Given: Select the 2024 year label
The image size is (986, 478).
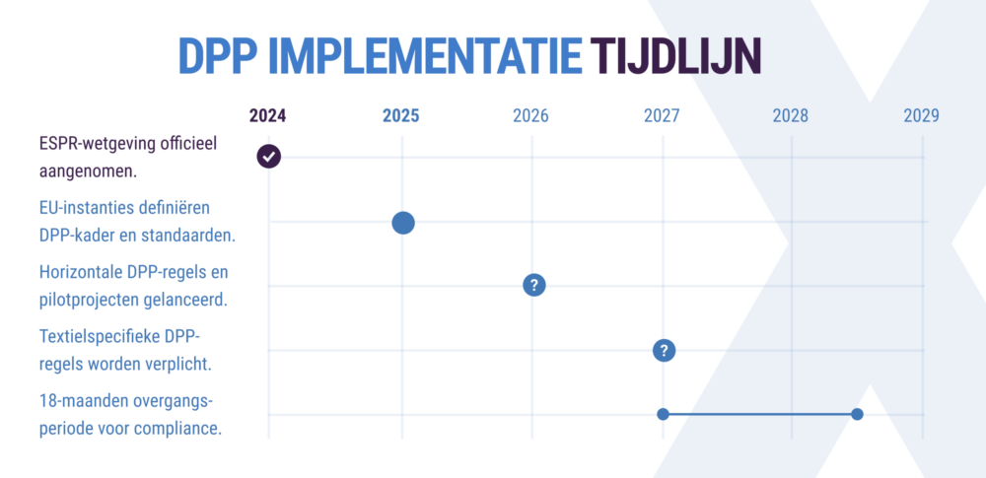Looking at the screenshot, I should [267, 115].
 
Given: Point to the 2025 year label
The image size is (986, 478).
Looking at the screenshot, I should [401, 115].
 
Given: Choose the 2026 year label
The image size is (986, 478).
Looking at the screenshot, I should [531, 115].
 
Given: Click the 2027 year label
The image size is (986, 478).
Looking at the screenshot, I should [662, 115].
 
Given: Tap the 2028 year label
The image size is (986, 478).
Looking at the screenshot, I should [791, 115].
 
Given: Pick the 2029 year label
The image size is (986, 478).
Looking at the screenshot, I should [921, 115].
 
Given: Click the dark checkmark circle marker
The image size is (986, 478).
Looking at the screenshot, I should [268, 156].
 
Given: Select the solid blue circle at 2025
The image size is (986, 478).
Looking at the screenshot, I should [402, 223].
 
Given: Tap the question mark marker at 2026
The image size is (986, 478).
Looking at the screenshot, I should [533, 285].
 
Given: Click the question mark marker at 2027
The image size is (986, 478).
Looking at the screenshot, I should [664, 350].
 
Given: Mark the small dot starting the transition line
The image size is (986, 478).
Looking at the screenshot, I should [663, 414].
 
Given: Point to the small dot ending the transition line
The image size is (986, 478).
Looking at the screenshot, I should [857, 414].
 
